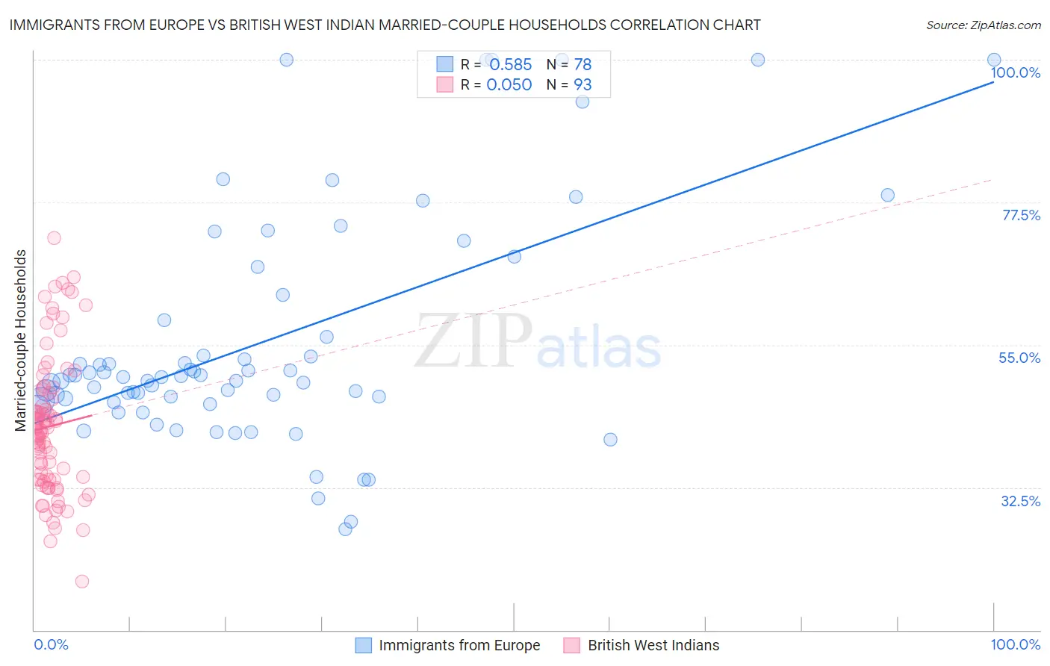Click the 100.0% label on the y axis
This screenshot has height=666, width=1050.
(1015, 72)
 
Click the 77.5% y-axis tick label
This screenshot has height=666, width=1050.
(1021, 215)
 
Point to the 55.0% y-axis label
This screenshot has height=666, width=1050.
(1019, 358)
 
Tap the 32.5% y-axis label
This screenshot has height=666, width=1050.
(1020, 501)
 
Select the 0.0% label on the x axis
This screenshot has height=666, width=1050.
(51, 644)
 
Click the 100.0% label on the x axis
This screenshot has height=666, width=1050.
(1015, 644)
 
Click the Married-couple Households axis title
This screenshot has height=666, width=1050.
(21, 340)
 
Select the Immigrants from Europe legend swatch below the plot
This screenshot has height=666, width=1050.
(364, 645)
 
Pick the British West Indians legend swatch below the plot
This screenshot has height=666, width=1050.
(572, 645)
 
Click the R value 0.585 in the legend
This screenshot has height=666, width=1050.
(510, 64)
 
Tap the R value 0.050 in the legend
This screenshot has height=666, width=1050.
(509, 84)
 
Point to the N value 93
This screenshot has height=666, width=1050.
(583, 84)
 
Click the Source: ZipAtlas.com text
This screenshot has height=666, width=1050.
(983, 25)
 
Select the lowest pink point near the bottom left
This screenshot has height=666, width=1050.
(82, 581)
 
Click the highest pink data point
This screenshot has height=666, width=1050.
(54, 238)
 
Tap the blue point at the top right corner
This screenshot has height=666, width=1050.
(994, 60)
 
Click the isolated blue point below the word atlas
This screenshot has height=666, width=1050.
(610, 440)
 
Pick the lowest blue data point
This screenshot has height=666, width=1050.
(345, 529)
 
